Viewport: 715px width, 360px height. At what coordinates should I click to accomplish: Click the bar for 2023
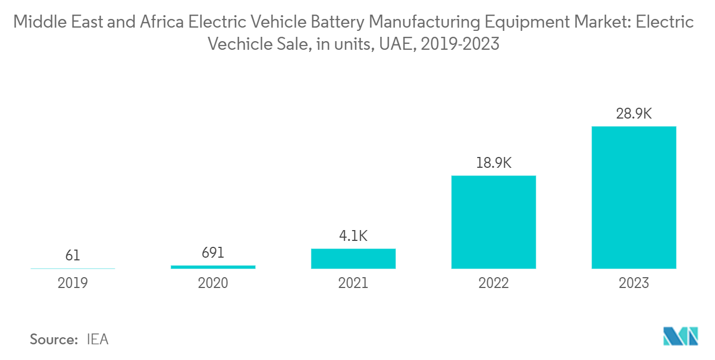[x=634, y=198]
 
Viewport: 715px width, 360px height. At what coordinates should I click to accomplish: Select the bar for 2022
[x=493, y=222]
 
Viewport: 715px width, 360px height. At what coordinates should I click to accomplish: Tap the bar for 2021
[x=353, y=259]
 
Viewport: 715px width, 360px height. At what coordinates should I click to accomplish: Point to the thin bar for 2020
[x=213, y=267]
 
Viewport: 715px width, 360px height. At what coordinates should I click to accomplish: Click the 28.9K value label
[x=634, y=114]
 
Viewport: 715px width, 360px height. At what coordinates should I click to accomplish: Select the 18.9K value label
[x=493, y=163]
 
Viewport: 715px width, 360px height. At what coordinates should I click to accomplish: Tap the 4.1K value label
[x=353, y=236]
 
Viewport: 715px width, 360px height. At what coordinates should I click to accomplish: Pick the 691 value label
[x=213, y=253]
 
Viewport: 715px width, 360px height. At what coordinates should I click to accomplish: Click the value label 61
[x=73, y=255]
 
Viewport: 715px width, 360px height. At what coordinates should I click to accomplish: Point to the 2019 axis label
[x=73, y=283]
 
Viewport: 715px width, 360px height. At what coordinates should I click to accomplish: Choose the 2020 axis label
[x=213, y=283]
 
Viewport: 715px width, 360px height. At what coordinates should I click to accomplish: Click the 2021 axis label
[x=353, y=283]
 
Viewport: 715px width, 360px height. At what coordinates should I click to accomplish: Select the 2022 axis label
[x=493, y=283]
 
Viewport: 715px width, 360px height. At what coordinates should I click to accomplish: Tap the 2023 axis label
[x=634, y=283]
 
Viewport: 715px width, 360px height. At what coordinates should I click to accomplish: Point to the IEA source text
[x=97, y=339]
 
